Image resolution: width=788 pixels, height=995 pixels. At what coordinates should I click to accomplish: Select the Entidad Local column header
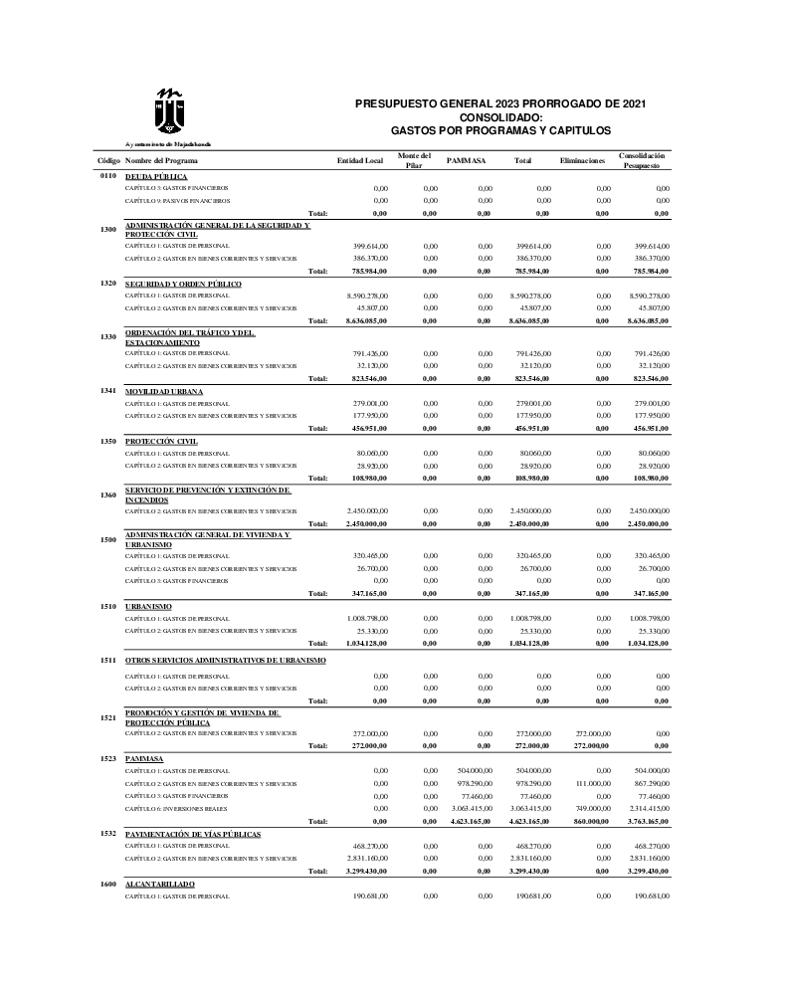(x=360, y=160)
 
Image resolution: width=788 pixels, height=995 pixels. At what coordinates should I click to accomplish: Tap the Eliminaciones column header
(x=582, y=160)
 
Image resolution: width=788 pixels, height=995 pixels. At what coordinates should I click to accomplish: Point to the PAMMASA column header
(x=466, y=160)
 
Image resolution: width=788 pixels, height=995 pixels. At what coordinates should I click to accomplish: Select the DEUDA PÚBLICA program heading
(x=156, y=176)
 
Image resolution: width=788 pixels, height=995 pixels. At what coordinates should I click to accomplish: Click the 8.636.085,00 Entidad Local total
(x=364, y=321)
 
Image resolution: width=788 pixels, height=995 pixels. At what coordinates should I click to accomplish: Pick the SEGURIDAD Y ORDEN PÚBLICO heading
(x=183, y=284)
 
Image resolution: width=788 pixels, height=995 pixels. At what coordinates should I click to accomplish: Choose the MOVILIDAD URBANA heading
(x=164, y=391)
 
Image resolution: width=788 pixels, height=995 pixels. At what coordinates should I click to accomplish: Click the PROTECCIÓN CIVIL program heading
(x=162, y=440)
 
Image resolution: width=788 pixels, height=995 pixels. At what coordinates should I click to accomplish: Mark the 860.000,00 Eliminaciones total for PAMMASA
(x=589, y=822)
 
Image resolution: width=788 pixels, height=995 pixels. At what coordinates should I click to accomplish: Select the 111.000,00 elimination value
(x=592, y=783)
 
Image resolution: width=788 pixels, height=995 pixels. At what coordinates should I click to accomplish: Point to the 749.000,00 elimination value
(x=592, y=809)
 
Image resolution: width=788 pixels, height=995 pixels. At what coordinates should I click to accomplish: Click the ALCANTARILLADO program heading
(x=160, y=884)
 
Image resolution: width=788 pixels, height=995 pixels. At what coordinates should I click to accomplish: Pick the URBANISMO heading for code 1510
(x=148, y=606)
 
